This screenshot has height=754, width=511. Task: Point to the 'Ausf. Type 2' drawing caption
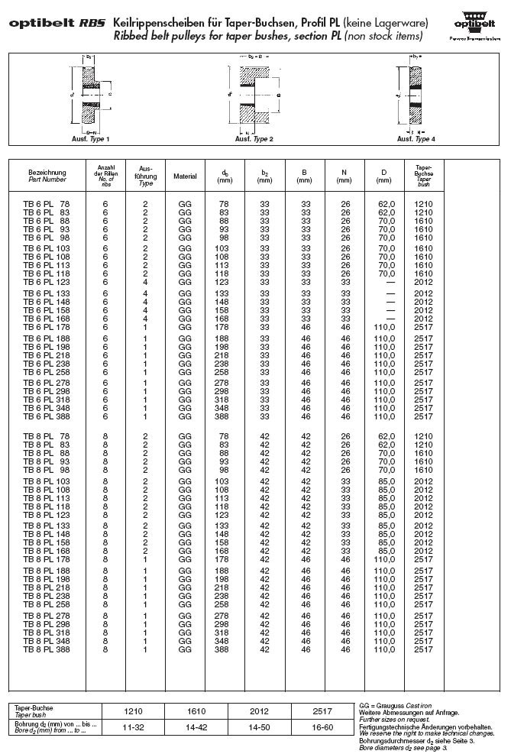click(x=254, y=139)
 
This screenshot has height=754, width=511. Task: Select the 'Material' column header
click(x=185, y=176)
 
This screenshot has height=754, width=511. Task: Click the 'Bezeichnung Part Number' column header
click(x=47, y=176)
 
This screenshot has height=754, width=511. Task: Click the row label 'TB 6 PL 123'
click(x=48, y=282)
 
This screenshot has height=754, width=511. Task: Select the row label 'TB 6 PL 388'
click(x=48, y=416)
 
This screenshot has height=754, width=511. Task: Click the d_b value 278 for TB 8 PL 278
click(x=225, y=615)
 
